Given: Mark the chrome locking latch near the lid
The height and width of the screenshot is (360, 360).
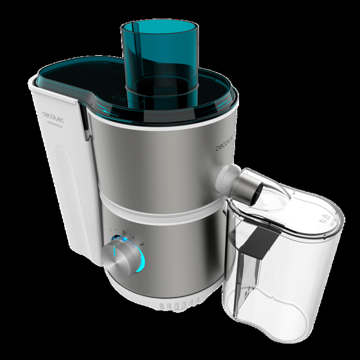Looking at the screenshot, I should click(x=84, y=121).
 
